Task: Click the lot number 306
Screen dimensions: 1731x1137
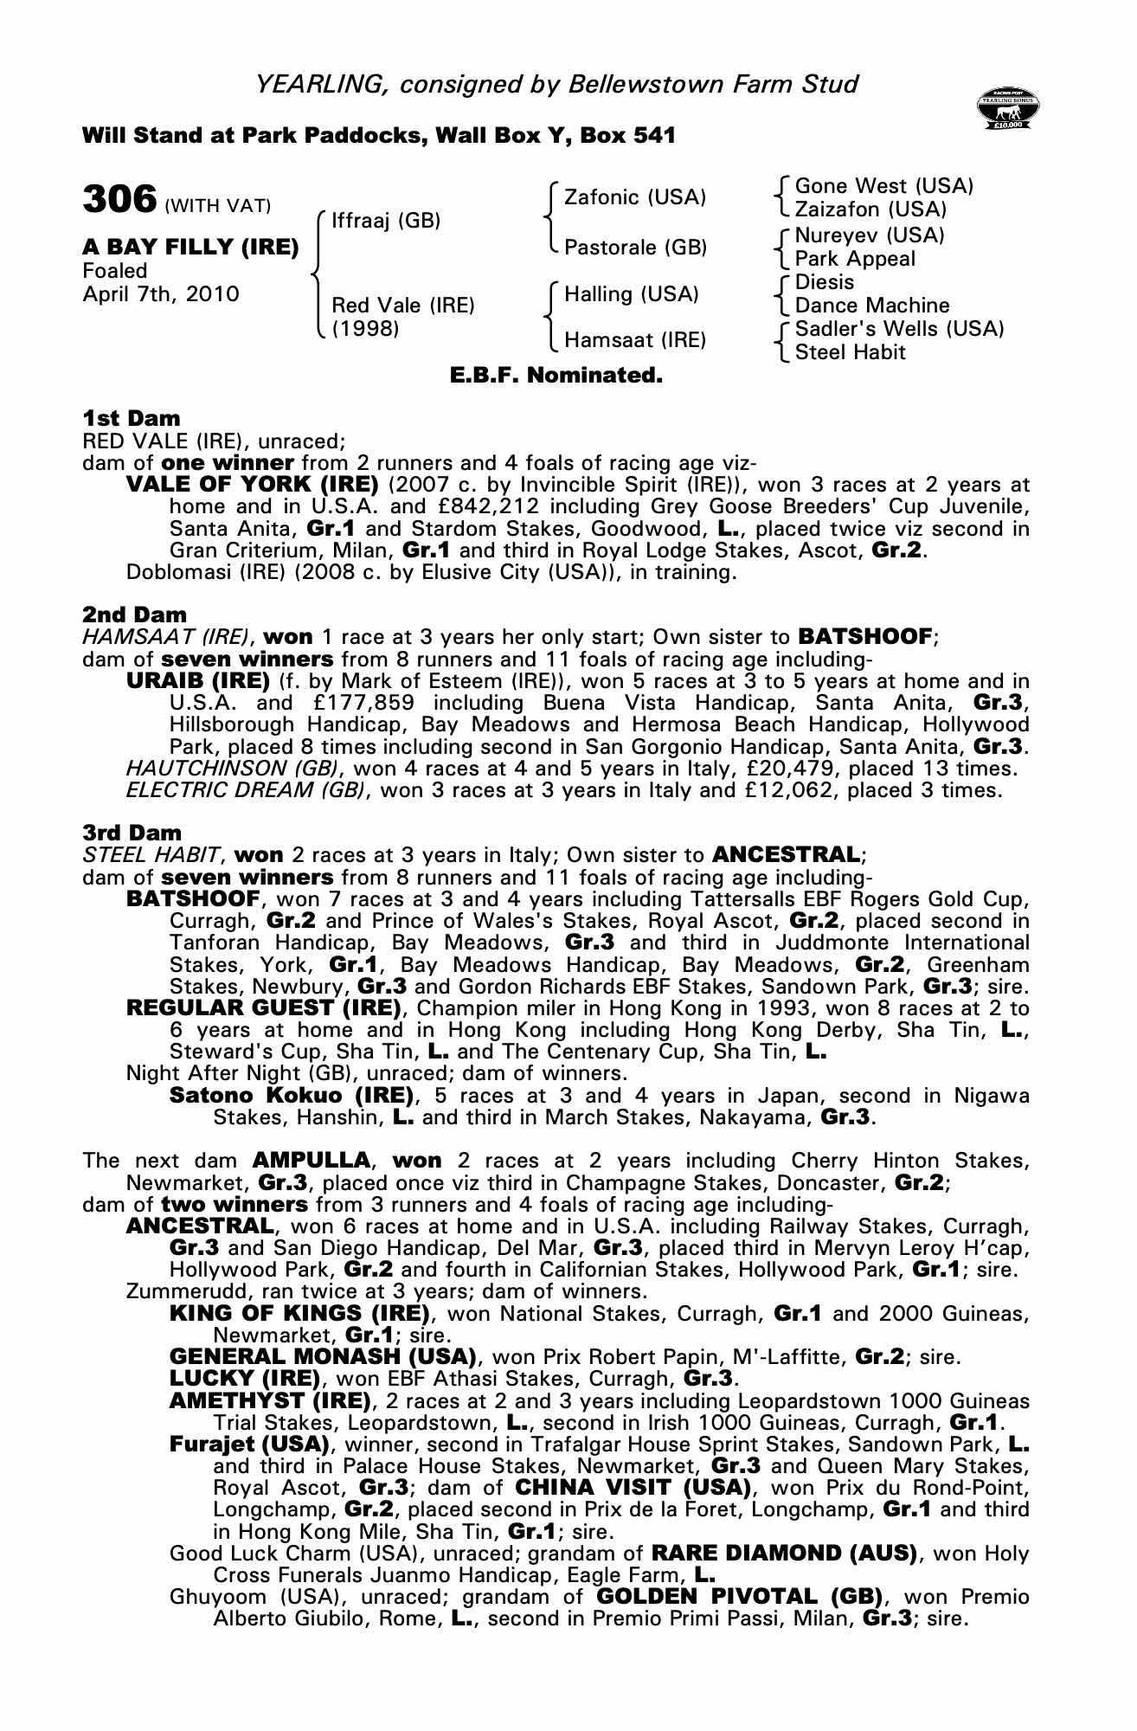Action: coord(119,199)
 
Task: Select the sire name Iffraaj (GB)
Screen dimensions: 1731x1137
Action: coord(386,221)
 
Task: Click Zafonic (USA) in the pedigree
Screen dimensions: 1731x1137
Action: coord(634,197)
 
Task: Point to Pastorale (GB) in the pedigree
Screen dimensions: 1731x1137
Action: coord(635,248)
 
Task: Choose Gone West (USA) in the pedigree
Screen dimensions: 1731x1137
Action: coord(883,186)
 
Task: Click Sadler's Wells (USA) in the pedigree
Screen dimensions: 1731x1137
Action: coord(899,329)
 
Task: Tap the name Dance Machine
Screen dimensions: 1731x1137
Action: coord(871,306)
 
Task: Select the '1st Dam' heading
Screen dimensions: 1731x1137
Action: coord(132,419)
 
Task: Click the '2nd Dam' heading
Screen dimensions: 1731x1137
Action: coord(134,615)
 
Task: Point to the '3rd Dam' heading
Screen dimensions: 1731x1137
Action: coord(132,833)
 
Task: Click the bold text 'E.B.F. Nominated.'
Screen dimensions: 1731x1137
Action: coord(556,376)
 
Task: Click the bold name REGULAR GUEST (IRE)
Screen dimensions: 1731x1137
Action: coord(264,1008)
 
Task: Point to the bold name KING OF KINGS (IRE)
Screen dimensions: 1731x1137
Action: coord(299,1314)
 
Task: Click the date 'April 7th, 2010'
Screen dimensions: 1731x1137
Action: coord(161,294)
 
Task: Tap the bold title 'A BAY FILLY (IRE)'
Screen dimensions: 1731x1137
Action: coord(190,248)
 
